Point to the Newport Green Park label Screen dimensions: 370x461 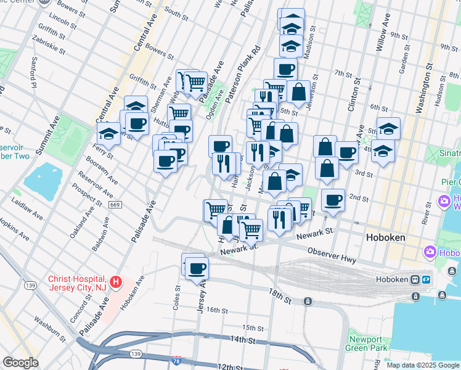[x=369, y=343]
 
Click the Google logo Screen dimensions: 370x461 [x=20, y=363]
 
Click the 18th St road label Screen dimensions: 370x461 [x=279, y=294]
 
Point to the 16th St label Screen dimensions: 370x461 [x=217, y=310]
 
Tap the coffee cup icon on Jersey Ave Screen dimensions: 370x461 [x=197, y=268]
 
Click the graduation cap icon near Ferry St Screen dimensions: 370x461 [x=108, y=133]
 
